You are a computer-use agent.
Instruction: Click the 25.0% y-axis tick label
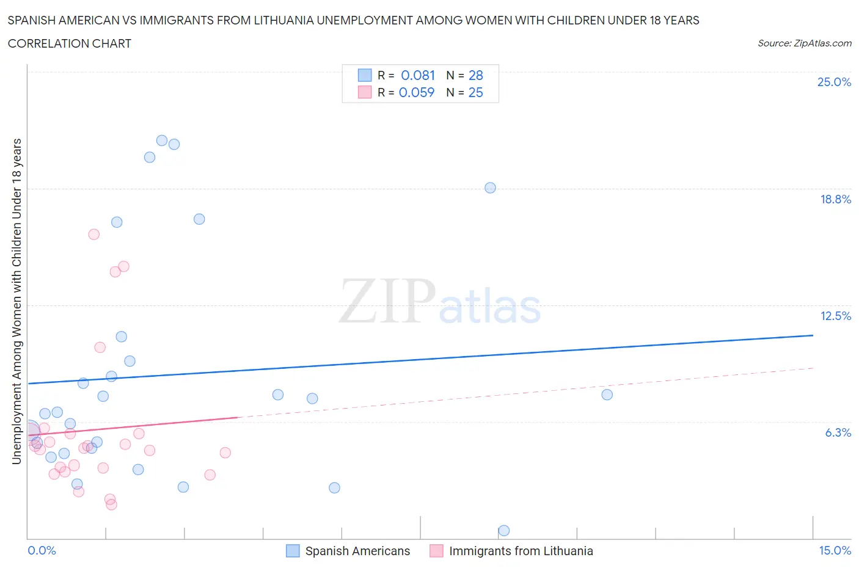pyautogui.click(x=834, y=82)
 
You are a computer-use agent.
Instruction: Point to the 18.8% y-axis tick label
pyautogui.click(x=835, y=199)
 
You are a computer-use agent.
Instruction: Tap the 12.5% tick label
pyautogui.click(x=835, y=316)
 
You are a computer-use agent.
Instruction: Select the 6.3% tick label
pyautogui.click(x=838, y=432)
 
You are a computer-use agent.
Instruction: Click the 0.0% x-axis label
pyautogui.click(x=42, y=550)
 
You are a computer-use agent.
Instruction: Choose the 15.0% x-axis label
pyautogui.click(x=835, y=550)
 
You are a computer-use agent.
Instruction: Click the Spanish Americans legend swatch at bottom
pyautogui.click(x=293, y=551)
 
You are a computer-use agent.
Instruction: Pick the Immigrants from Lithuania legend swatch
pyautogui.click(x=436, y=551)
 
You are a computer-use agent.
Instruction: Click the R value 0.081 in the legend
pyautogui.click(x=418, y=75)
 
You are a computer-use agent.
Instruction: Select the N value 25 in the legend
pyautogui.click(x=475, y=92)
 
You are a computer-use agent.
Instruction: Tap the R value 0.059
pyautogui.click(x=417, y=92)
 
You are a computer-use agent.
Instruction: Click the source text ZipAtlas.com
pyautogui.click(x=804, y=43)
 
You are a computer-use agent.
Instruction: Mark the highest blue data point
pyautogui.click(x=162, y=140)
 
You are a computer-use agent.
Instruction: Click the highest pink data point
pyautogui.click(x=93, y=235)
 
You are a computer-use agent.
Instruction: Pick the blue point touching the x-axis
pyautogui.click(x=504, y=530)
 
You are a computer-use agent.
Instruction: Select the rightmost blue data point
pyautogui.click(x=607, y=395)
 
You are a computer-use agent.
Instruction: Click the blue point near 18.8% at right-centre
pyautogui.click(x=490, y=188)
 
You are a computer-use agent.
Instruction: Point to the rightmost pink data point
pyautogui.click(x=225, y=453)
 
